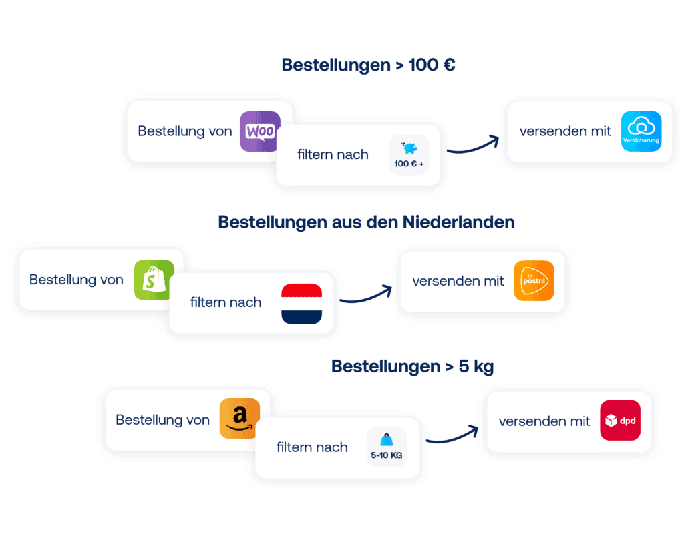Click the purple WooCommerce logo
coord(260,131)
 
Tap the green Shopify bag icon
coord(153,280)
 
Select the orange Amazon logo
coord(239,419)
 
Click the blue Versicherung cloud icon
coord(641,131)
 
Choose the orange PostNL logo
coord(534,281)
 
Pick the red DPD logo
coord(620,421)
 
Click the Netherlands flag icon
coord(301,304)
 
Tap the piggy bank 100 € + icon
coord(409,155)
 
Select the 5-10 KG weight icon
coord(386,447)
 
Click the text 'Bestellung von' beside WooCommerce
coord(185,131)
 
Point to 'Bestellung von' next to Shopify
coord(76,280)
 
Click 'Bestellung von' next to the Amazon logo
coord(162,420)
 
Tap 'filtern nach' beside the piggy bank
coord(333,155)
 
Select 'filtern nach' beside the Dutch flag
coord(226,302)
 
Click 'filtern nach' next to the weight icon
coord(312,447)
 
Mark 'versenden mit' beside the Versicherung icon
coord(565,131)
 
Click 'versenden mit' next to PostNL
coord(458,281)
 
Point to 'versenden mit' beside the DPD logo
coord(544,421)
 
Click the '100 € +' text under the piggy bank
coord(409,164)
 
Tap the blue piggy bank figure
coord(409,148)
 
